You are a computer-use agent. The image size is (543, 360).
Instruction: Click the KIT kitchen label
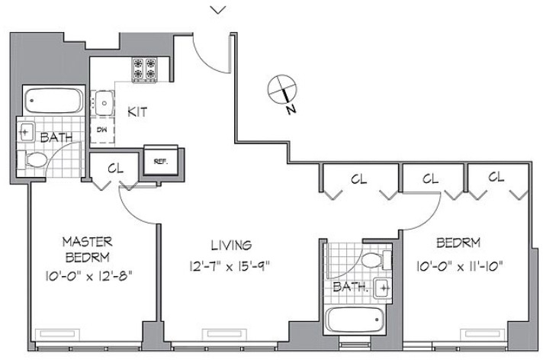(x=137, y=112)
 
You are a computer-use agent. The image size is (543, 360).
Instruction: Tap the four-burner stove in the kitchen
(x=144, y=70)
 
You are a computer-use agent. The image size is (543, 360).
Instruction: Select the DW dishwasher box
(x=102, y=130)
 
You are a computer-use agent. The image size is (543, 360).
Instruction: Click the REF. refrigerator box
(x=161, y=161)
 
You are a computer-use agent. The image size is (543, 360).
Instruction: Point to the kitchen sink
(x=102, y=103)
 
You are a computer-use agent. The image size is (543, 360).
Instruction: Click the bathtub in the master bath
(x=53, y=101)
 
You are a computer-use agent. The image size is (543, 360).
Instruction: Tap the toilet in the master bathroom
(x=33, y=160)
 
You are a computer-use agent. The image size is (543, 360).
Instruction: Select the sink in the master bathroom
(x=26, y=132)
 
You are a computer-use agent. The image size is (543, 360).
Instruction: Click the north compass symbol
(x=282, y=89)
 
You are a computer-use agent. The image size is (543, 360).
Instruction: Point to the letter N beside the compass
(x=291, y=110)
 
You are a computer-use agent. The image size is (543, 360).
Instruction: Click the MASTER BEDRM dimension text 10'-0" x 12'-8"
(x=88, y=276)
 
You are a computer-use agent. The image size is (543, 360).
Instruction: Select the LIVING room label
(x=231, y=246)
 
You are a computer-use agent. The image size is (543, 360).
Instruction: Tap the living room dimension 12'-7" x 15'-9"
(x=230, y=266)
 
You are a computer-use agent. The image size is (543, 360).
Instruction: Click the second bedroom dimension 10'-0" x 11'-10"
(x=460, y=266)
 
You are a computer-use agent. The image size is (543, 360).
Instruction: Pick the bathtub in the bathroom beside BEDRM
(x=355, y=320)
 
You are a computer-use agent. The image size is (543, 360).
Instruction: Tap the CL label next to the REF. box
(x=115, y=169)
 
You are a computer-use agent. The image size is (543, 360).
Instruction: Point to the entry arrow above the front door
(x=218, y=11)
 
